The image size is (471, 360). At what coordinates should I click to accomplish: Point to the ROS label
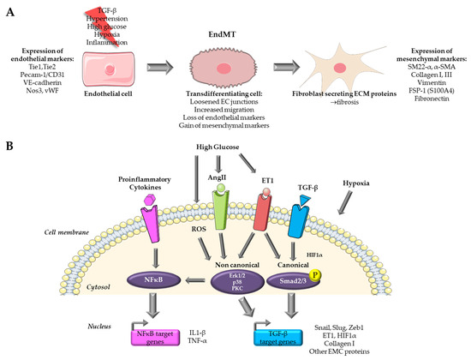pyautogui.click(x=182, y=254)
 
